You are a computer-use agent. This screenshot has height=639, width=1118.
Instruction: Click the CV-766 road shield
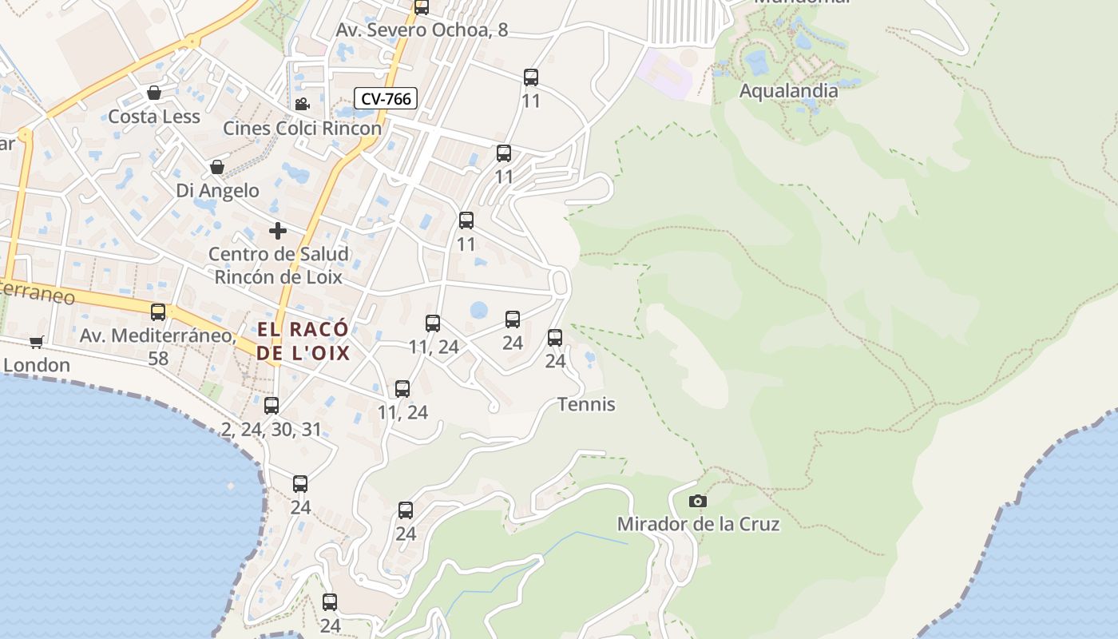tap(386, 99)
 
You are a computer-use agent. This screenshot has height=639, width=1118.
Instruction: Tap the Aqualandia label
tap(788, 91)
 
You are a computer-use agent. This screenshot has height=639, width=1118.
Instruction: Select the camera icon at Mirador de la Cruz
tap(697, 502)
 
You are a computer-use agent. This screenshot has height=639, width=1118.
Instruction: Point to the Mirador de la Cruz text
tap(698, 525)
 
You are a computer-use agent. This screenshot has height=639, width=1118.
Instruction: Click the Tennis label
tap(586, 404)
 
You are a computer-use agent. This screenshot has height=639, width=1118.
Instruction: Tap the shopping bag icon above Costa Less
tap(154, 93)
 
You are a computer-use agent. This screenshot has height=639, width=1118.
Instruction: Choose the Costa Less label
tap(154, 117)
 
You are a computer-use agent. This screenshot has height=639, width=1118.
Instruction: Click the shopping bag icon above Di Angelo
tap(216, 168)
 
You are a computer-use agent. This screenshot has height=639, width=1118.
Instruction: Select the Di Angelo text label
tap(217, 191)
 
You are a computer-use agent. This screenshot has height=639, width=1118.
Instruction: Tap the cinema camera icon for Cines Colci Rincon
tap(302, 105)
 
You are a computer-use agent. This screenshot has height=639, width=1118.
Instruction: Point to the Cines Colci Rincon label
tap(302, 129)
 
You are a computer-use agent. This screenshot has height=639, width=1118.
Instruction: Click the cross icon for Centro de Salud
tap(278, 232)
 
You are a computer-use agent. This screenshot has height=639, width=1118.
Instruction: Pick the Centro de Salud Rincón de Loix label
tap(278, 266)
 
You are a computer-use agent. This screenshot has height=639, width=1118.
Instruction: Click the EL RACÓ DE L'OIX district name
tap(303, 341)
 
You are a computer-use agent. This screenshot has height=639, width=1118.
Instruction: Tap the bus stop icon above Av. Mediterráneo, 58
tap(158, 312)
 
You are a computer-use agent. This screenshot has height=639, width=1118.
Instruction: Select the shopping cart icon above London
tap(36, 343)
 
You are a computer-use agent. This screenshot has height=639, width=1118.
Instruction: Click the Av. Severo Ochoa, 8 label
tap(422, 30)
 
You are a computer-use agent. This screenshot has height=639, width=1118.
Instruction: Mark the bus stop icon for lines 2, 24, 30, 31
tap(272, 406)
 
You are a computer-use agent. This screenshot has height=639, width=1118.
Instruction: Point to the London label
tap(37, 366)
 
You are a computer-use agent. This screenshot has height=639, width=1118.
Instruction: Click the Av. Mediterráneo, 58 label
tap(158, 347)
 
